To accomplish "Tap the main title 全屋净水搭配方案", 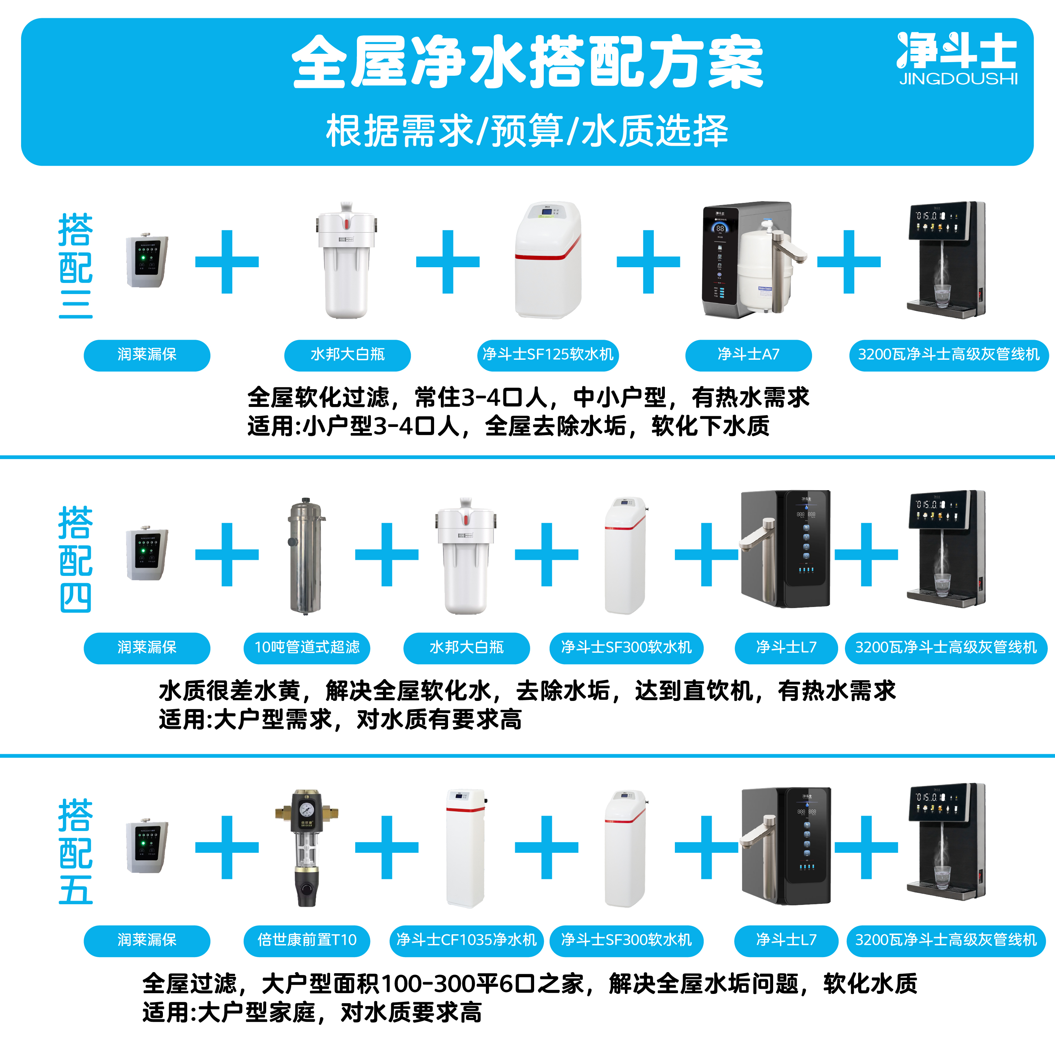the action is [527, 62].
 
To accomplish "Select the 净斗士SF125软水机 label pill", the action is [548, 355].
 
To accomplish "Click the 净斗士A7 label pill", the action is [748, 355].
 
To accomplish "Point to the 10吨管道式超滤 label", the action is [307, 648].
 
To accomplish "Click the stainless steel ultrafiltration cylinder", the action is [306, 556].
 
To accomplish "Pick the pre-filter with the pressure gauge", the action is [306, 848].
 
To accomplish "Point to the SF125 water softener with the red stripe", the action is [548, 260].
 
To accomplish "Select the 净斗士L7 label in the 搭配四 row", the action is [786, 648].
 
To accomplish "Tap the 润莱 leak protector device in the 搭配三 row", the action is [147, 261].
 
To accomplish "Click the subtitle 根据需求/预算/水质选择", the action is [527, 131].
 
